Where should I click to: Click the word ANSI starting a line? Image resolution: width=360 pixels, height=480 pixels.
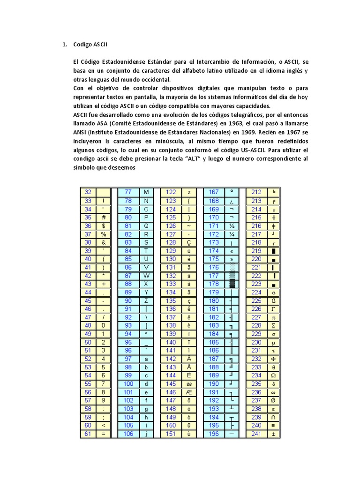[80, 132]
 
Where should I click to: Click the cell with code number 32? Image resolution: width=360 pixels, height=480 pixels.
[88, 192]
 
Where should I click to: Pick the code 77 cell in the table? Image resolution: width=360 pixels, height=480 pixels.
[128, 192]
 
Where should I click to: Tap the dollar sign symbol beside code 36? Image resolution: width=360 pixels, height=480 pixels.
[103, 226]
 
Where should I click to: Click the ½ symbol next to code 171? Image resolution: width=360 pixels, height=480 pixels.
[231, 226]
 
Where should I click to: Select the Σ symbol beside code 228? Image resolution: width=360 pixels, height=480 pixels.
[273, 325]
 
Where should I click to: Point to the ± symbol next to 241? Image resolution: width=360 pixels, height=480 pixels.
[273, 434]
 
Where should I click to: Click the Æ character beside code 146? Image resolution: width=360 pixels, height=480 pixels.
[188, 392]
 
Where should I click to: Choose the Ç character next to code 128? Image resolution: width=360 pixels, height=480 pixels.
[188, 242]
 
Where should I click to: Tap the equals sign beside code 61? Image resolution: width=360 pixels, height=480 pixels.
[103, 434]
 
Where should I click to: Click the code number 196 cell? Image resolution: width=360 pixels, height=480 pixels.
[214, 434]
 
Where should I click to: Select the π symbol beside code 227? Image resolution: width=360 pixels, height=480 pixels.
[273, 317]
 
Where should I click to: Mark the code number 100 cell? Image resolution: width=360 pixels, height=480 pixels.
[128, 384]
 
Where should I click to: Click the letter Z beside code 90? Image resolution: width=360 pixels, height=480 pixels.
[146, 300]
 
